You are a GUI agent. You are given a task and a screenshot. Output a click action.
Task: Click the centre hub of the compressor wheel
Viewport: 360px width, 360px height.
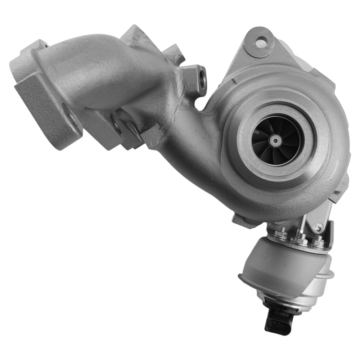tap(275, 140)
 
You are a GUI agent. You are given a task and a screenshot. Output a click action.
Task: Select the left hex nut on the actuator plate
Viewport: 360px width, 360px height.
tap(280, 235)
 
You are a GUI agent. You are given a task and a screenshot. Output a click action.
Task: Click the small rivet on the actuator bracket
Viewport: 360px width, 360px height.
tap(318, 228)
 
